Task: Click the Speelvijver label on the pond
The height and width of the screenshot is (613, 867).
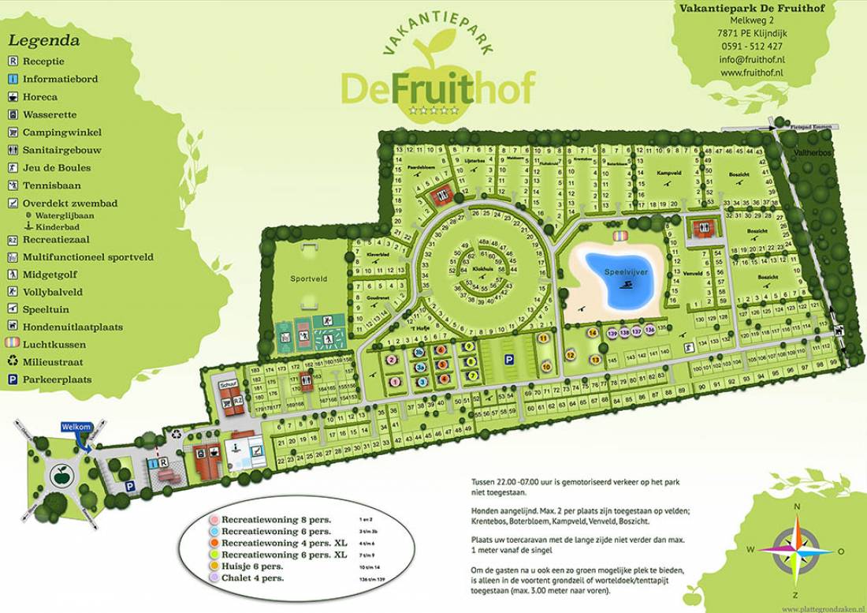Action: tap(625, 271)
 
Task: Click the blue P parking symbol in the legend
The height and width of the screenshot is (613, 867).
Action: tap(13, 379)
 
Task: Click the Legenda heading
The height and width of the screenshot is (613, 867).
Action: tap(44, 41)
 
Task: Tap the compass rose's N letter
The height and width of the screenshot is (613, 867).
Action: tap(797, 507)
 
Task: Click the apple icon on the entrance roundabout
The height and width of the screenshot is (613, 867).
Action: tap(59, 476)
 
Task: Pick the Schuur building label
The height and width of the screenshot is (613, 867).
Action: tap(229, 384)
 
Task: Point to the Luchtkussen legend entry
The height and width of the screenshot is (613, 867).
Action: tap(54, 345)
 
